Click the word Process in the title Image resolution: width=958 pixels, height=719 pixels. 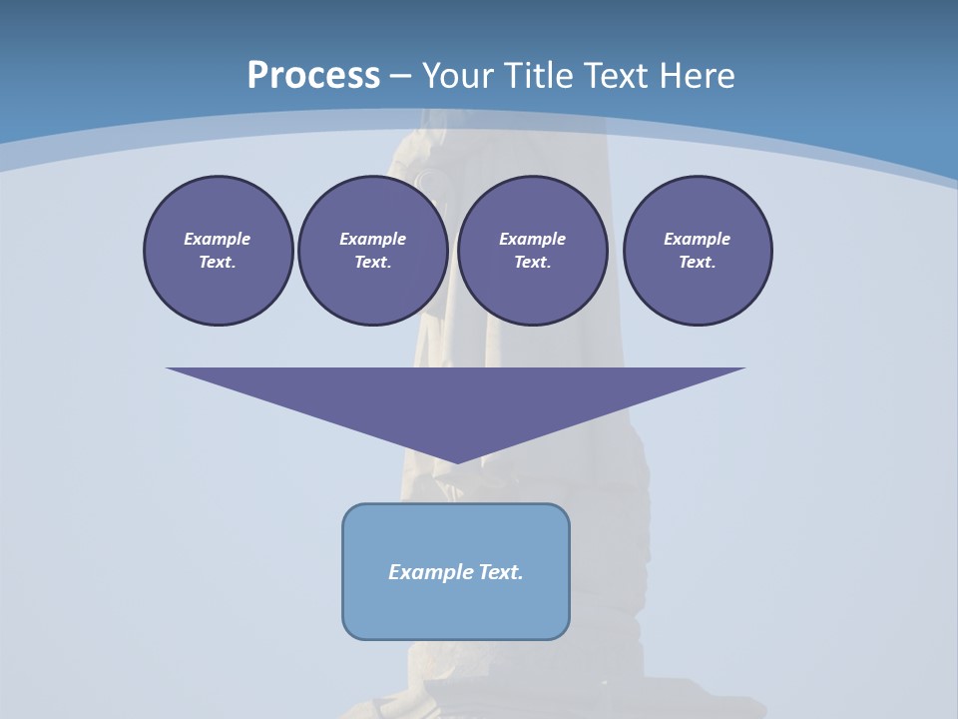click(x=313, y=75)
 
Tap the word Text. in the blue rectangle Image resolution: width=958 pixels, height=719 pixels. click(x=500, y=572)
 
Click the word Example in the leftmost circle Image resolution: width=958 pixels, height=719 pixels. click(x=218, y=239)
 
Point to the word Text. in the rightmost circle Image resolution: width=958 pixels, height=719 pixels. click(x=698, y=262)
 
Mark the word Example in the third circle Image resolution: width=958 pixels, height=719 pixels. click(x=532, y=239)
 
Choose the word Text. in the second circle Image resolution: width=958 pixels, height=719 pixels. click(x=372, y=262)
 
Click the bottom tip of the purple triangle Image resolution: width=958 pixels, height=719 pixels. click(x=456, y=460)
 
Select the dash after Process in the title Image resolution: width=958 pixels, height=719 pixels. click(x=400, y=76)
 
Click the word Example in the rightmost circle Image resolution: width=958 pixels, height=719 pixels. click(x=698, y=239)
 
